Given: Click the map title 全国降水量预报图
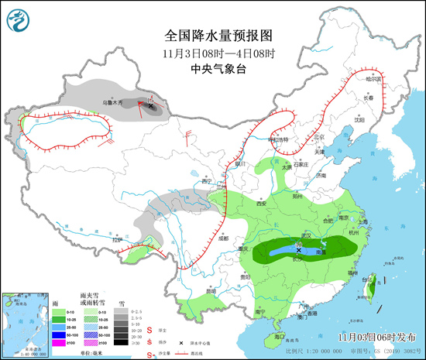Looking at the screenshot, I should coord(220,36).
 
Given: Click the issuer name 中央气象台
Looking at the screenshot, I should coord(220,69).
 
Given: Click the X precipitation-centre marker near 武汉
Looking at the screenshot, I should coord(298,250).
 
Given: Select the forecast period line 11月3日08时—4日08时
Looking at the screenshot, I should coord(220,53).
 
